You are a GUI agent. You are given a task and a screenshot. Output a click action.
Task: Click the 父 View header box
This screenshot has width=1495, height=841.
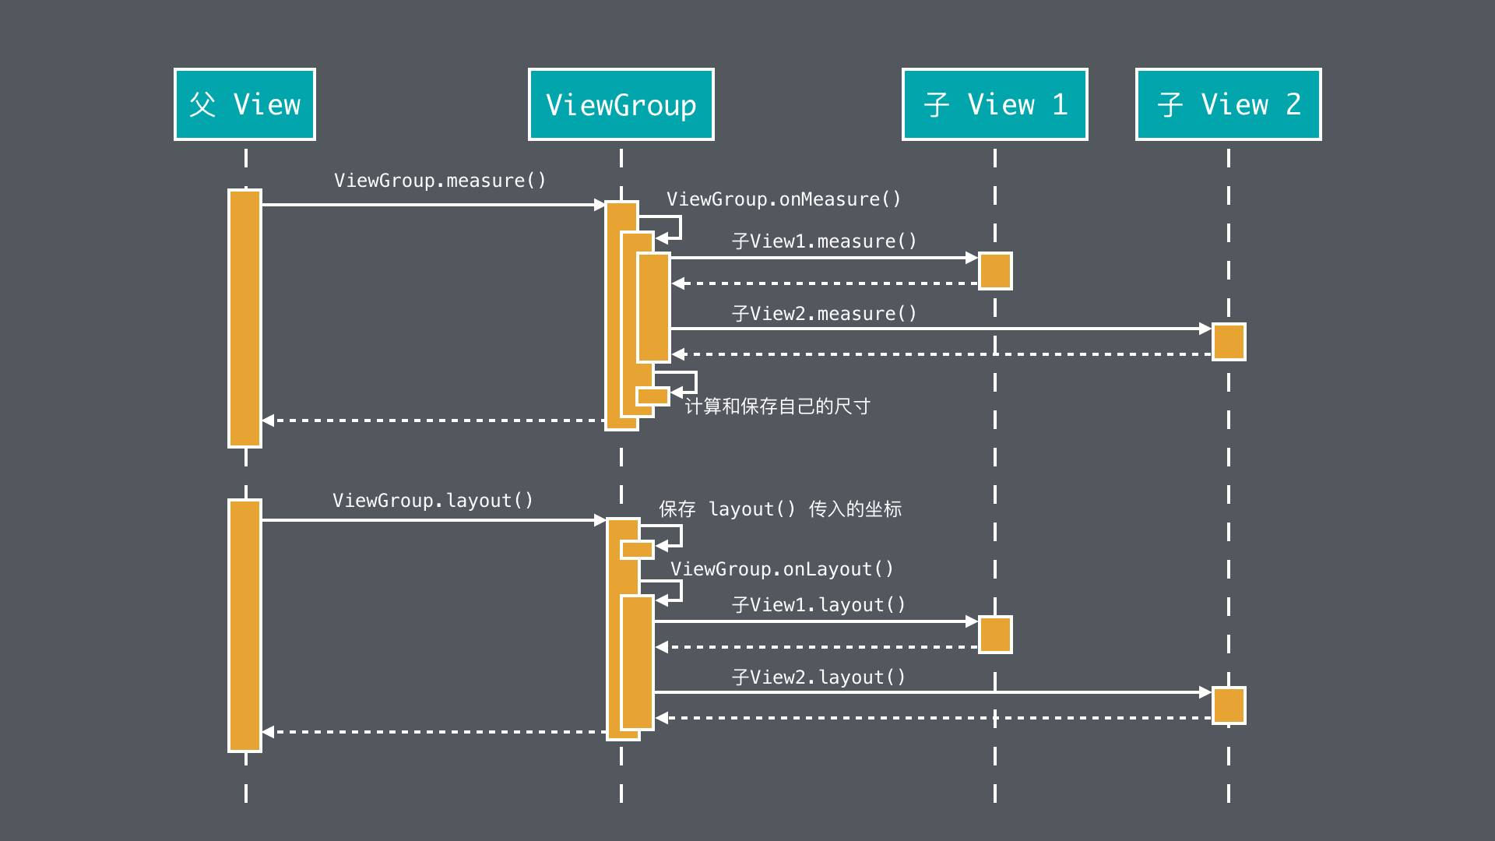coord(244,104)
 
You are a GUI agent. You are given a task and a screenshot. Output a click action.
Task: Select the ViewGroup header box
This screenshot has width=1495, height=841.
coord(621,104)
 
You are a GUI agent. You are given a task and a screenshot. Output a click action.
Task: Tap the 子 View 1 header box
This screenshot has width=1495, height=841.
coord(994,104)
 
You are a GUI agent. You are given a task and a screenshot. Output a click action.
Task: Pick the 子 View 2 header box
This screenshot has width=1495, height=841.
coord(1228,104)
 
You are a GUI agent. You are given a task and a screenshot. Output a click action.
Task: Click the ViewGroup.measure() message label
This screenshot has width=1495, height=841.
coord(440,181)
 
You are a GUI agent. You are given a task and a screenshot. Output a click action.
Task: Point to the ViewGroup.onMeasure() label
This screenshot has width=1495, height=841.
coord(783,199)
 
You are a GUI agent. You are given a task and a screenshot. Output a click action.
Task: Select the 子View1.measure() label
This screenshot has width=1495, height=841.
coord(824,241)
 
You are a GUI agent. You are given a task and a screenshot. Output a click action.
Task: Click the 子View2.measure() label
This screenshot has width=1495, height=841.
coord(824,314)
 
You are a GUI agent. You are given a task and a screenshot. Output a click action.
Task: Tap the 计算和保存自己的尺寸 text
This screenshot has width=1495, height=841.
coord(777,406)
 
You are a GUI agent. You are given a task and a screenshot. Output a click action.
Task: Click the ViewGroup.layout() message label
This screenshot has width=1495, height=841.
coord(433,501)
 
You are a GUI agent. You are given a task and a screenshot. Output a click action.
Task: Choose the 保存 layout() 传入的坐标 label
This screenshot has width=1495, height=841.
coord(780,509)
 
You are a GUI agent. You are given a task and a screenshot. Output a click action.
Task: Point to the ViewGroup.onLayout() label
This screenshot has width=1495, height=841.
coord(782,569)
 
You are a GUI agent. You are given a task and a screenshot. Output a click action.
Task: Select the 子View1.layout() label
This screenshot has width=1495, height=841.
coord(818,605)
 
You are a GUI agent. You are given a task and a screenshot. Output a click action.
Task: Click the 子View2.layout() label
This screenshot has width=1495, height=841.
coord(818,677)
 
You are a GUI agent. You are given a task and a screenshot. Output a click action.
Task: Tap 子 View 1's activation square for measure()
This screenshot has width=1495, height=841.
coord(994,271)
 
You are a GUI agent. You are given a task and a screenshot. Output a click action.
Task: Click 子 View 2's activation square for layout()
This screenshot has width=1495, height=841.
coord(1229,706)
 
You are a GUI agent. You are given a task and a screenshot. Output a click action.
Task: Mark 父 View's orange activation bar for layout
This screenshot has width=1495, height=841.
coord(244,625)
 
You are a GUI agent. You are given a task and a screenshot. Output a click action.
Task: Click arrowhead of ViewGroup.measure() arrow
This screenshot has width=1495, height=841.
coord(600,205)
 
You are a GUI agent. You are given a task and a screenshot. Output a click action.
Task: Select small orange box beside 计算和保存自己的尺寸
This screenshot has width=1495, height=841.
coord(653,396)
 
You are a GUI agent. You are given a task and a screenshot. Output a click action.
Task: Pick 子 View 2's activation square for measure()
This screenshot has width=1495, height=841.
coord(1229,342)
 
